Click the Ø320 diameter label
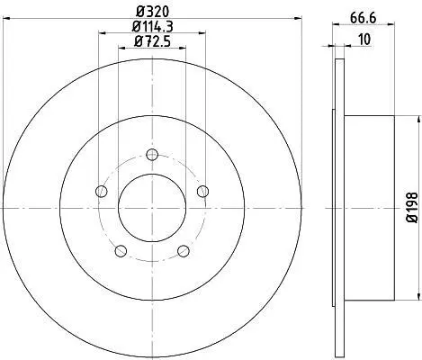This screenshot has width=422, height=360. click(x=153, y=12)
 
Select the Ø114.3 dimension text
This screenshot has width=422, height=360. click(x=152, y=27)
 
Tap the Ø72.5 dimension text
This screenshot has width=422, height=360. click(x=153, y=41)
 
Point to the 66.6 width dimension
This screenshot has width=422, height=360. click(x=363, y=18)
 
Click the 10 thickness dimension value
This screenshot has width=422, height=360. click(x=364, y=40)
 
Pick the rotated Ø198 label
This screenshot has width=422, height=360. click(x=412, y=208)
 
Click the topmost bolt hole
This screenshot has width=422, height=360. click(x=152, y=155)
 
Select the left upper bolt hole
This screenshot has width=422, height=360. click(x=102, y=191)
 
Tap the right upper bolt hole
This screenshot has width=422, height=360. click(x=203, y=191)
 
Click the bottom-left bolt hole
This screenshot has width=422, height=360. click(x=121, y=251)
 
